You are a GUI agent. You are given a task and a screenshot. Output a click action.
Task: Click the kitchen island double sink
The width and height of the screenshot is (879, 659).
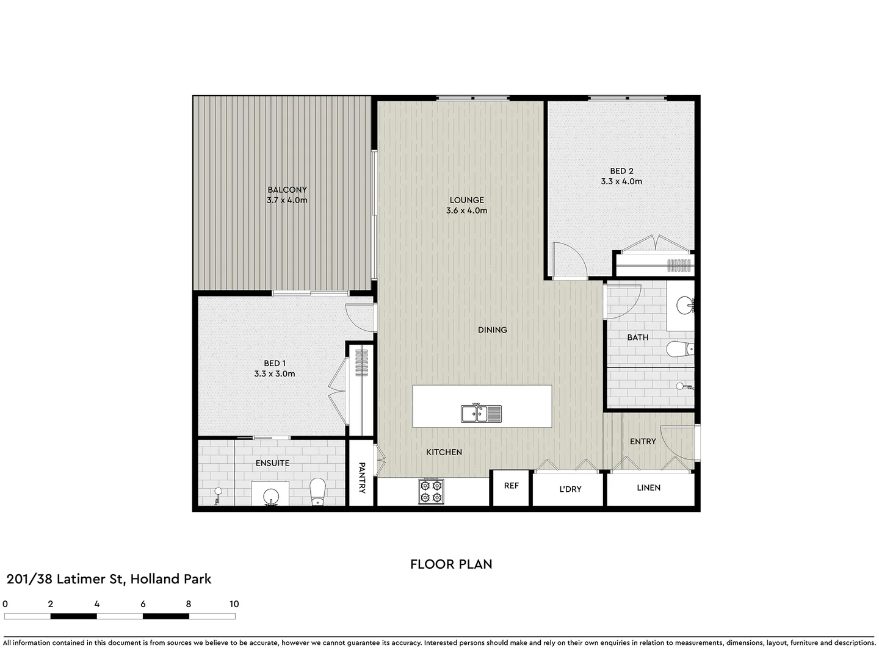[x=481, y=414]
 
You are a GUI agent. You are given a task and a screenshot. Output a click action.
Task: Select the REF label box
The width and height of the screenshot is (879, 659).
[x=511, y=486]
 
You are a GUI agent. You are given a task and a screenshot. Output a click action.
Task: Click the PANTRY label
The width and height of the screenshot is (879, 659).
[x=361, y=477]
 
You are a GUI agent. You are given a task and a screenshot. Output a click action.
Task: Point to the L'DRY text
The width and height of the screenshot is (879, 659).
[x=570, y=489]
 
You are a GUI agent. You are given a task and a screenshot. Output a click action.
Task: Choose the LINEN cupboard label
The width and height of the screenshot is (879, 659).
[x=648, y=488]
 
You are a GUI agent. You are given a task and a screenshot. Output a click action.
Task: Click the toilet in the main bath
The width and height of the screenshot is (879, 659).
[x=679, y=349]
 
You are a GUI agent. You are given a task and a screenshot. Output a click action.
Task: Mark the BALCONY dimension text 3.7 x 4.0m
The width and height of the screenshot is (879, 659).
[x=287, y=200]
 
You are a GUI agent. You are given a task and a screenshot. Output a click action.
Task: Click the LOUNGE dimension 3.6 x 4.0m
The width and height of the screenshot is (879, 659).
[x=467, y=211]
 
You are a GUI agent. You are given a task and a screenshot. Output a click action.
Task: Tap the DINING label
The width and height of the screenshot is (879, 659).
[x=492, y=329]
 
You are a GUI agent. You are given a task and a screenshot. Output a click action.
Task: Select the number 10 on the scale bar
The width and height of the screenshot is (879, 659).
[x=234, y=604]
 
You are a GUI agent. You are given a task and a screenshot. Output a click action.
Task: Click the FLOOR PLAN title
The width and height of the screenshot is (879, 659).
[x=451, y=564]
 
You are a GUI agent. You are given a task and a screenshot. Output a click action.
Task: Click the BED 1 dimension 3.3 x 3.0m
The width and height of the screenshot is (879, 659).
[x=275, y=373]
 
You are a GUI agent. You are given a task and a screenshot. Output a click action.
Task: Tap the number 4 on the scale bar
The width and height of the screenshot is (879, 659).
[x=96, y=604]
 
